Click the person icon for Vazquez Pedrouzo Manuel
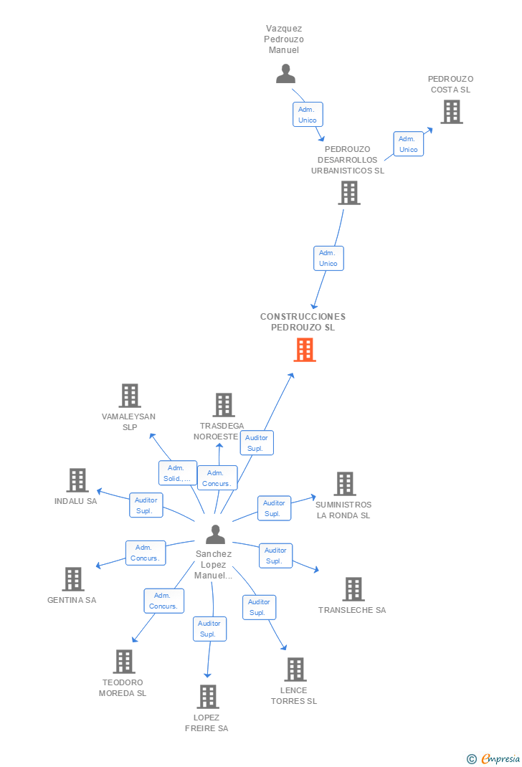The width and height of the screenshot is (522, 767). click(286, 74)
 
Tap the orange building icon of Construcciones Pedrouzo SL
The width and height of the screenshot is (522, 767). click(305, 350)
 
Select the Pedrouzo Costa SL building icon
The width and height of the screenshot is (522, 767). click(451, 112)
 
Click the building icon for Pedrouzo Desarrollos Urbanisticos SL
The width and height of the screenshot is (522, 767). click(349, 193)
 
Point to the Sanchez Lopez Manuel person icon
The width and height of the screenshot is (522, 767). click(215, 535)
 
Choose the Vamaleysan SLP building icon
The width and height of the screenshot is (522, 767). click(129, 396)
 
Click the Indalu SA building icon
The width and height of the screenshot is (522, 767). click(77, 480)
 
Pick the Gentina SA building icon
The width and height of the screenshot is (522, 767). click(72, 579)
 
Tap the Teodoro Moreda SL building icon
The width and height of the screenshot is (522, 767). click(123, 662)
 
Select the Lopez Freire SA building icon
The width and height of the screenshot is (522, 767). click(207, 696)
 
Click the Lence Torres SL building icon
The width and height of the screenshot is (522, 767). click(295, 670)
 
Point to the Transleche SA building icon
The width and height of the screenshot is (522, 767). click(353, 589)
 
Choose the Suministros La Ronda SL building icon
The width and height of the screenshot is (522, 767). click(344, 484)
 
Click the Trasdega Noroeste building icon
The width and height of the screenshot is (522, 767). click(223, 405)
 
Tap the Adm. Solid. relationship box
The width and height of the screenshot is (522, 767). click(177, 473)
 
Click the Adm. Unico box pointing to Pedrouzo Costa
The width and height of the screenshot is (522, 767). click(408, 144)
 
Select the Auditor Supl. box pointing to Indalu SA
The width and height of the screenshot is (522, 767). click(146, 505)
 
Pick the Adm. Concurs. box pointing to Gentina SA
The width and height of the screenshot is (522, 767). click(146, 553)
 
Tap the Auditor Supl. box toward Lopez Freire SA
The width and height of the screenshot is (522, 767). click(209, 629)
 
